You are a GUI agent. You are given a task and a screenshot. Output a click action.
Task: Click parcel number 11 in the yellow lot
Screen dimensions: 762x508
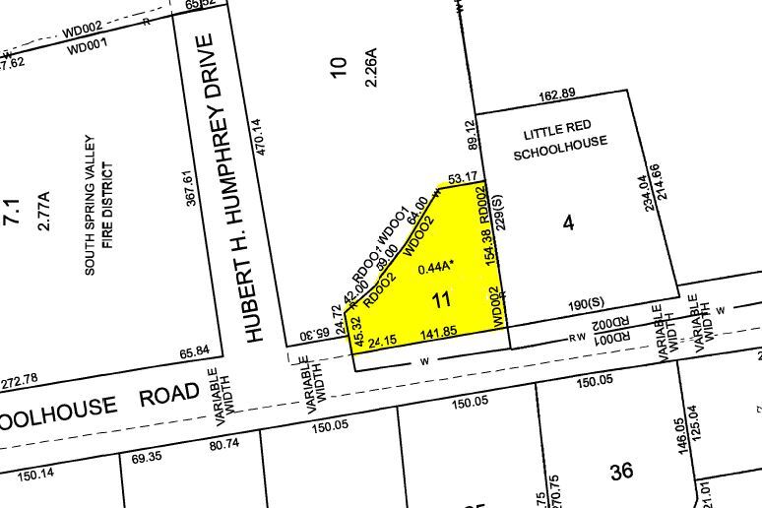tap(441, 298)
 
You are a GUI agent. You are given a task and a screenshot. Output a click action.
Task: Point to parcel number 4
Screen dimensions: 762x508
tap(568, 223)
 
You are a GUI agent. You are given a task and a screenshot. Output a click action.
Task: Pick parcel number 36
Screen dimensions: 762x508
tap(621, 472)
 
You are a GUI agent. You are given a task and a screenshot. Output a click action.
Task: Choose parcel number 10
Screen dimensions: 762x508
tap(339, 67)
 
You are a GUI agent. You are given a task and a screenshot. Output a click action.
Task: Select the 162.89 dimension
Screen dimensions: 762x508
tap(557, 95)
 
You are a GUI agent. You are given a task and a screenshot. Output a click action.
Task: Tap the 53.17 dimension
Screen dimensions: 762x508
tap(463, 178)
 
